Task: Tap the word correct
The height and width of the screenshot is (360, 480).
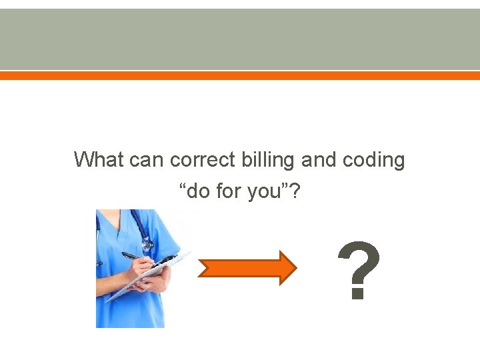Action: click(203, 161)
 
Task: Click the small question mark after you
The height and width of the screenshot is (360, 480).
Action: click(294, 192)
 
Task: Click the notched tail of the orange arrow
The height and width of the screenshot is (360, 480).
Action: click(203, 268)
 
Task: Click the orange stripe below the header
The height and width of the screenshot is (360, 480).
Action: click(240, 76)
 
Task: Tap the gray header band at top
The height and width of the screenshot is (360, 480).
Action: click(240, 39)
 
